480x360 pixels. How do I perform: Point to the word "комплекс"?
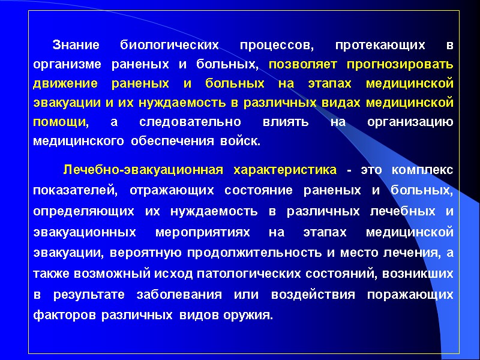pos(422,170)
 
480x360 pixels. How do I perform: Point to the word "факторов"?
pos(65,314)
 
